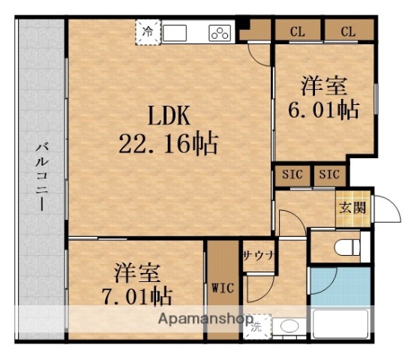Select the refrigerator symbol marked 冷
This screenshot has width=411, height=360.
click(148, 33)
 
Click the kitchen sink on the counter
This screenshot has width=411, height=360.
click(177, 33)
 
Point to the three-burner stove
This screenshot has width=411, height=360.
click(219, 33)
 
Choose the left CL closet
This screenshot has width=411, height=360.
click(296, 31)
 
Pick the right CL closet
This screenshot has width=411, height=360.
click(348, 31)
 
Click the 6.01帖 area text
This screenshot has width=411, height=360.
click(323, 109)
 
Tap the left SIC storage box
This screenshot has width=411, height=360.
click(292, 175)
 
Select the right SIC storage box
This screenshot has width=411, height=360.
click(330, 175)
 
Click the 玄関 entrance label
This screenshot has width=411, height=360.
click(351, 207)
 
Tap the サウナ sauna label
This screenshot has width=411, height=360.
click(259, 254)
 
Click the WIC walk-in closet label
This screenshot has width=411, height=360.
click(223, 286)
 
